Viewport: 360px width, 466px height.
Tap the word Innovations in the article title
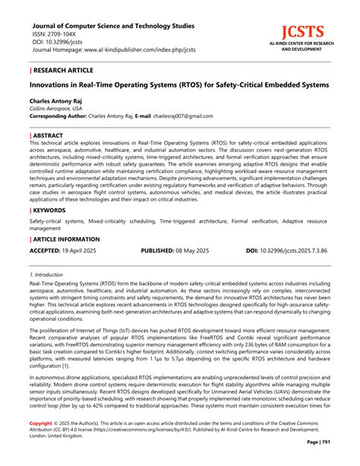point(54,84)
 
